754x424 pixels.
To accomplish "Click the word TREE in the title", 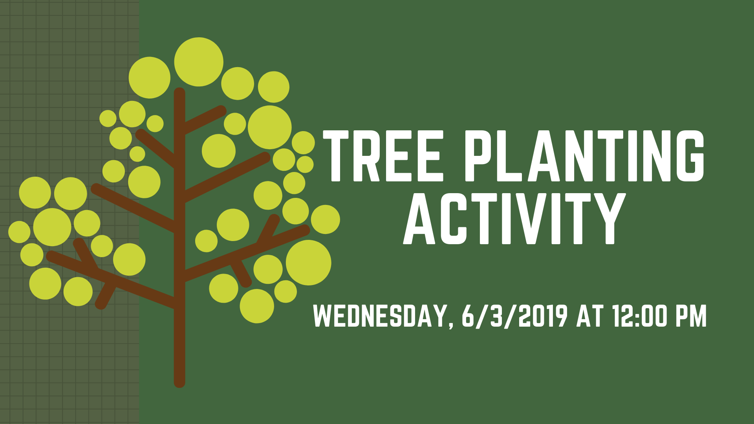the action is click(383, 156).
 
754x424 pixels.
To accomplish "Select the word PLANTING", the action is click(585, 156).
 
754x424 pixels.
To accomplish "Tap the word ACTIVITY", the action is click(514, 218).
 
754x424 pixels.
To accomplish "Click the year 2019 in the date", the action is click(543, 316).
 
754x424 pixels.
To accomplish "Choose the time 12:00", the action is click(639, 316).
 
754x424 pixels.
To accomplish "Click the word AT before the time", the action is click(589, 316).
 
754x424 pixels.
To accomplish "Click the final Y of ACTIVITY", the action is click(607, 218).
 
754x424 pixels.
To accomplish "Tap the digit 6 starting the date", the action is click(468, 316).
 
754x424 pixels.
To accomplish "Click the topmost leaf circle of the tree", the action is click(199, 62).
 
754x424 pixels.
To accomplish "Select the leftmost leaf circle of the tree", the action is click(19, 232).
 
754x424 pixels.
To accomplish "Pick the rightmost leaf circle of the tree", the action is click(326, 219).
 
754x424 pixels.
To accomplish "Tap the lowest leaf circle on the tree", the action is click(257, 306).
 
